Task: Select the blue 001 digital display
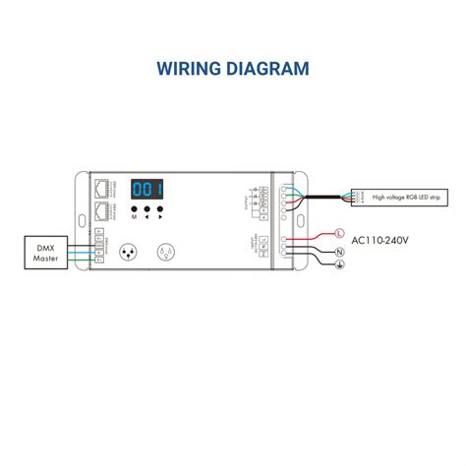(x=147, y=190)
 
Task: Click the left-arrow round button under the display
(x=146, y=209)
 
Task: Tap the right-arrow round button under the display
(x=160, y=209)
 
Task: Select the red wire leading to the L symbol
(x=312, y=236)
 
